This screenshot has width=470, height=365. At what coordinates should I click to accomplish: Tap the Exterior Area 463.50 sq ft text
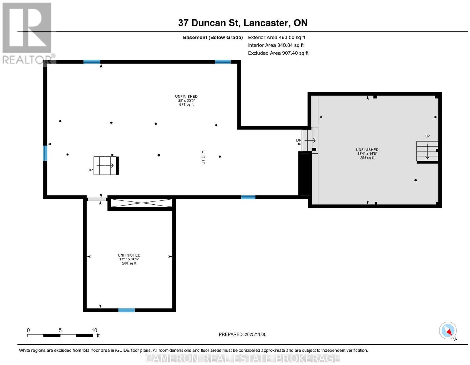(x=276, y=37)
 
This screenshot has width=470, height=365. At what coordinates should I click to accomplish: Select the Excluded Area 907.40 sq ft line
(x=278, y=53)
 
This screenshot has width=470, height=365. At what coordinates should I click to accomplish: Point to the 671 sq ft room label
(x=186, y=105)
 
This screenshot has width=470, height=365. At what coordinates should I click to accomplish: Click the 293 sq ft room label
(x=367, y=158)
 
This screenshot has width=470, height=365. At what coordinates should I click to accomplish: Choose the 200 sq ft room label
(x=129, y=263)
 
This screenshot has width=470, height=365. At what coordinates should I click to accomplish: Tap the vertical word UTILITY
(x=203, y=157)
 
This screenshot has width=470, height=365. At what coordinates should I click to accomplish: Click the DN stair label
(x=299, y=140)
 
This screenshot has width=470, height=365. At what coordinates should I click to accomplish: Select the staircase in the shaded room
(x=427, y=151)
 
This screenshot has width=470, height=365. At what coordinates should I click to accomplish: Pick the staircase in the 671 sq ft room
(x=106, y=166)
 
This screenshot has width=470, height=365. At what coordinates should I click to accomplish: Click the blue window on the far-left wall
(x=45, y=153)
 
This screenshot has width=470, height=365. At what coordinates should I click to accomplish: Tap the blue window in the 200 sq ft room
(x=127, y=310)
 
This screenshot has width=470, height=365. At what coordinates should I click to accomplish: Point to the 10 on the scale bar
(x=94, y=330)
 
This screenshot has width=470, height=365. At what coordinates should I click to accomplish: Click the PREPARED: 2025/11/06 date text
(x=242, y=334)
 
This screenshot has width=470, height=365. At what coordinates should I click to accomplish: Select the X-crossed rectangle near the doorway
(x=142, y=203)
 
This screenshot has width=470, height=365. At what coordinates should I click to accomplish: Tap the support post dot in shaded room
(x=415, y=180)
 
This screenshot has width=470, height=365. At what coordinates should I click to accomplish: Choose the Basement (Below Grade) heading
(x=213, y=37)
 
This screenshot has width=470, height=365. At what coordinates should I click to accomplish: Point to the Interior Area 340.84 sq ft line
(x=276, y=45)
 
